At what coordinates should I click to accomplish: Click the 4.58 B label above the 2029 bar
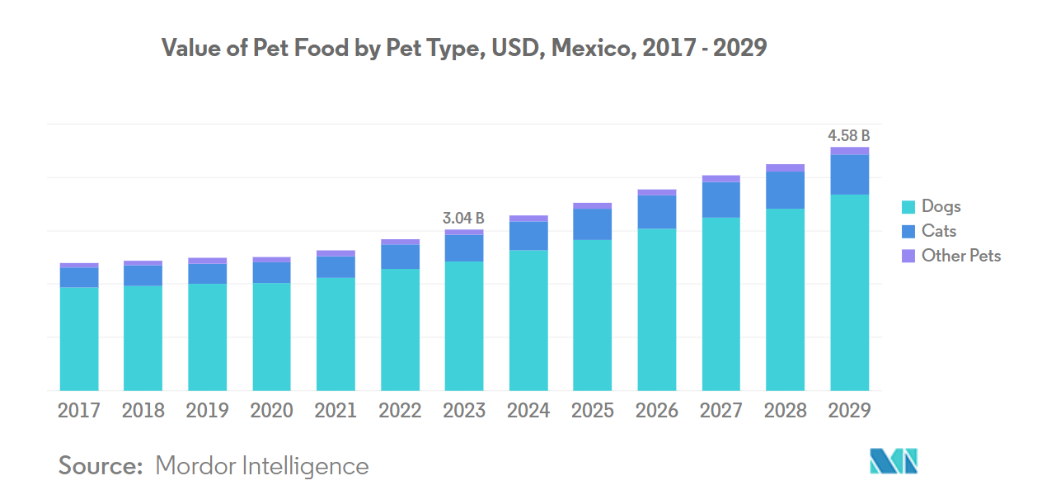(849, 136)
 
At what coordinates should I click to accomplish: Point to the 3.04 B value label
(463, 219)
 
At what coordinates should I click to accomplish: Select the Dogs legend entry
(941, 206)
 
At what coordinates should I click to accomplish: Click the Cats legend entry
(938, 231)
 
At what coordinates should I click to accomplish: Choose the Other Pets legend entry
(960, 256)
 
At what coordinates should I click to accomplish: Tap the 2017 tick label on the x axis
(78, 411)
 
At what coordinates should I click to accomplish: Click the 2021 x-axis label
(336, 411)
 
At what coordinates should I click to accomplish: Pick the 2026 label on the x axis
(656, 411)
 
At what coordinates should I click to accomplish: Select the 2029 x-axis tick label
(849, 411)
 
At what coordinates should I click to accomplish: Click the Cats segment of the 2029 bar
(849, 175)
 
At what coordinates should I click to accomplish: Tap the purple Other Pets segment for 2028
(785, 168)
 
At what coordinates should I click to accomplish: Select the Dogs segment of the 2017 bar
(78, 338)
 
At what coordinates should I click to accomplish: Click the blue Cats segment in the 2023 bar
(463, 248)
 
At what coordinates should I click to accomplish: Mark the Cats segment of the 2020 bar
(271, 272)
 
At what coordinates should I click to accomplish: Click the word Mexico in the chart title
(590, 49)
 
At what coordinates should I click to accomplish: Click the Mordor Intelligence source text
(261, 466)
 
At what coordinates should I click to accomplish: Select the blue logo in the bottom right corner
(894, 461)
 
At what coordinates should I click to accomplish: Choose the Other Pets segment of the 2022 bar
(400, 243)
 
